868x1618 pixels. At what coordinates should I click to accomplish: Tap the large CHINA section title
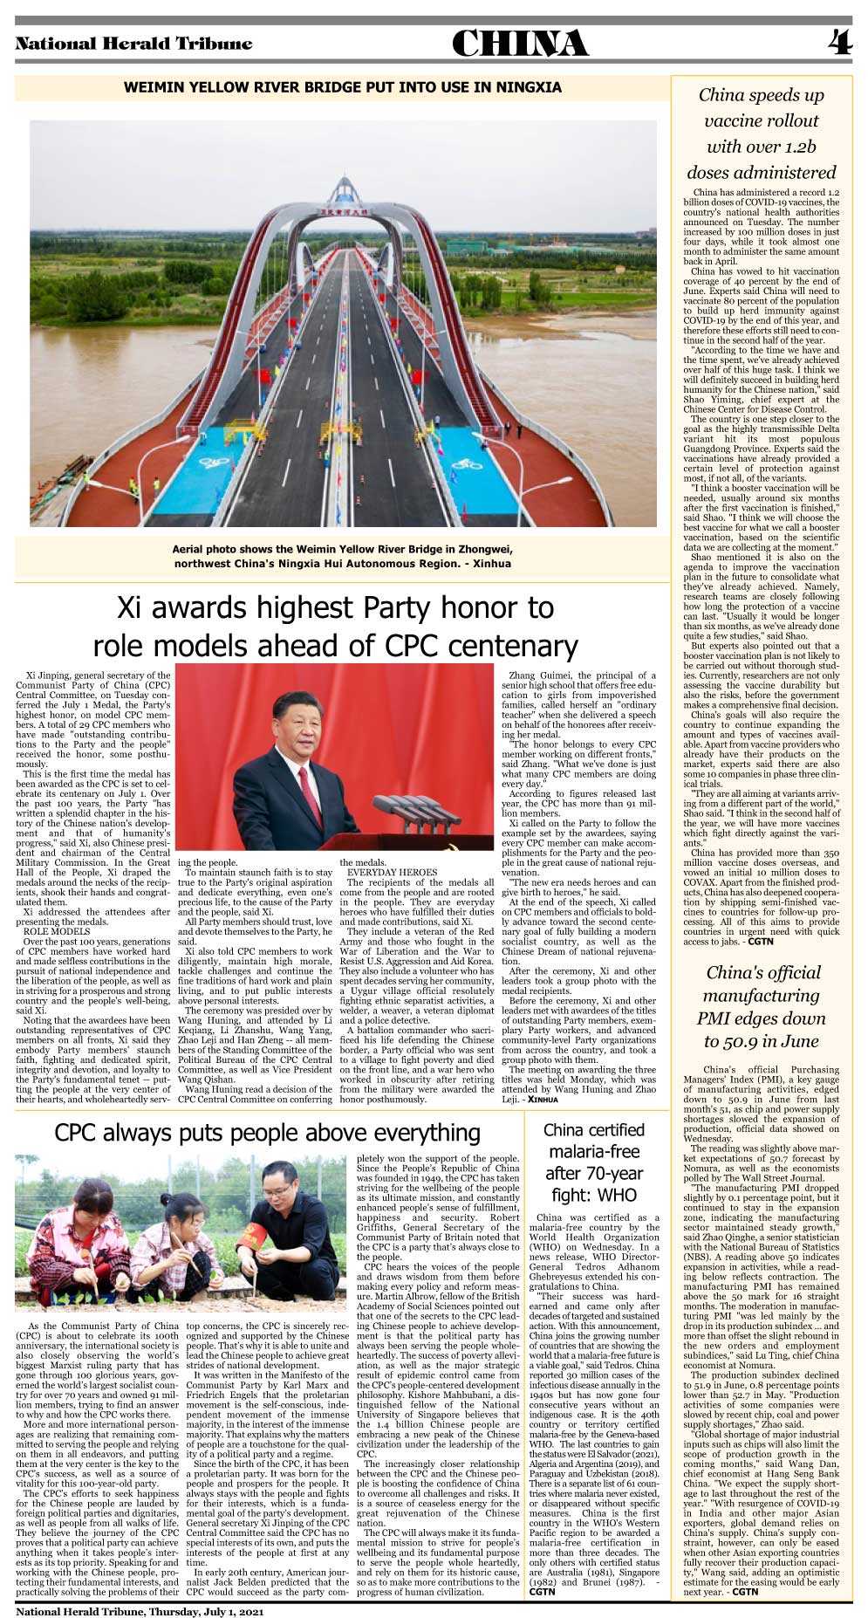coord(520,44)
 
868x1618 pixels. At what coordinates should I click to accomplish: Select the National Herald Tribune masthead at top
coord(133,44)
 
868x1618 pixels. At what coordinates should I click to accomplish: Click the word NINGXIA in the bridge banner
coord(529,87)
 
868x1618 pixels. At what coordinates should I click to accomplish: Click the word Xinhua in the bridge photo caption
coord(492,564)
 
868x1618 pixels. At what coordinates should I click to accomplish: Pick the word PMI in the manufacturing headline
coord(717,1018)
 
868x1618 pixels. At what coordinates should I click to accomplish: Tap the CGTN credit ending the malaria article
coord(543,1592)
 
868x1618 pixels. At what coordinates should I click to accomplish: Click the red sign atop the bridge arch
coord(343,209)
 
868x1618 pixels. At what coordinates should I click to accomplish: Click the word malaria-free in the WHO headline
coord(595,1151)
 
